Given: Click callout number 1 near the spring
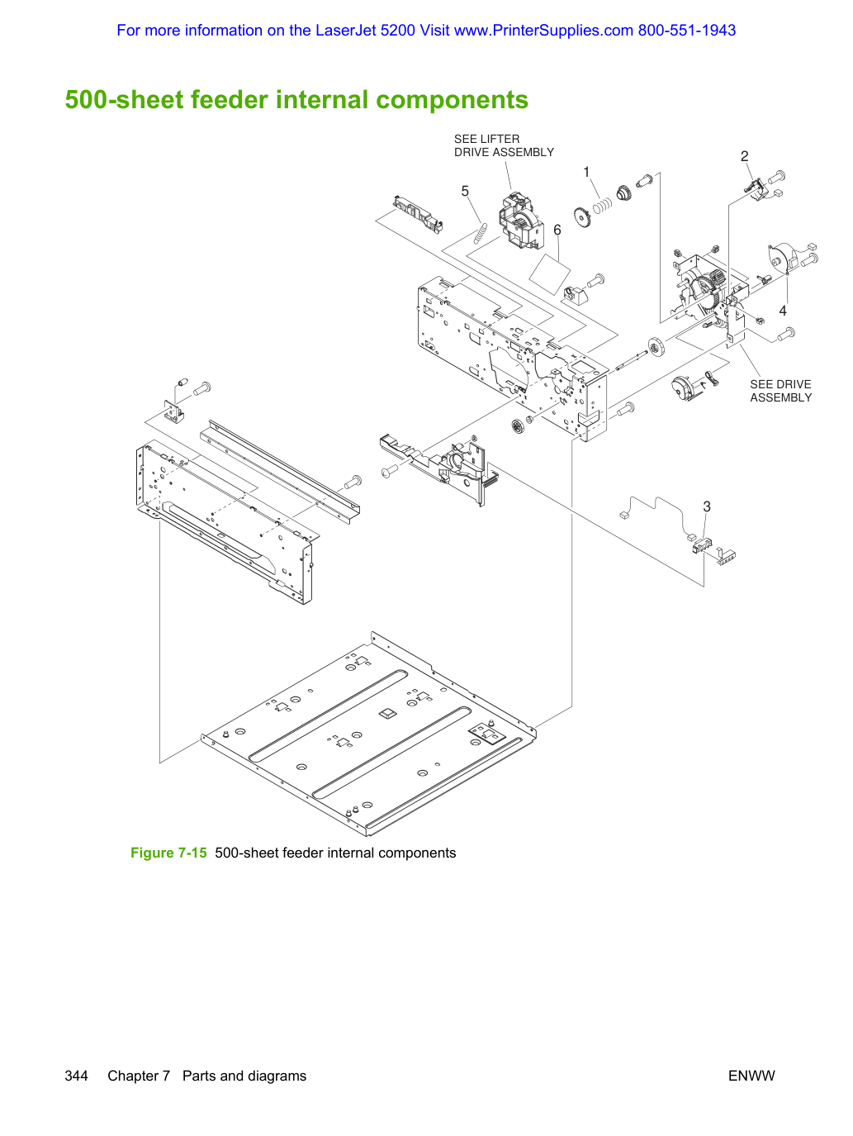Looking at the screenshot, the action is tap(586, 172).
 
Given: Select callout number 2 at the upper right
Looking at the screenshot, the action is tap(744, 156).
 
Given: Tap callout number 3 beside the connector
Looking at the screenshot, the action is tap(707, 506).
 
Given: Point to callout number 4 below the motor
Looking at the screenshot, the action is tap(783, 311).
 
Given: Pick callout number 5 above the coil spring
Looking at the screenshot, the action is tap(465, 191).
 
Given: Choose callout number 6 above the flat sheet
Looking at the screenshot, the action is tap(557, 230).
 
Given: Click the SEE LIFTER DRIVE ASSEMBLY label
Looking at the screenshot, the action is tap(504, 145).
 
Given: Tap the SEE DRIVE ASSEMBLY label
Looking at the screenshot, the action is tap(780, 391).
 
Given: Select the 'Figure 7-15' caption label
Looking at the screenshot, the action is tap(168, 853).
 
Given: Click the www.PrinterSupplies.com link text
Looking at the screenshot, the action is tap(543, 31).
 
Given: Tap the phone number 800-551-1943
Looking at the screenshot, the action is tap(686, 30).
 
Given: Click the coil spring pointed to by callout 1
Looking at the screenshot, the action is tap(602, 206).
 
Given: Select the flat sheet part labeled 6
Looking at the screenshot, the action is tap(549, 274).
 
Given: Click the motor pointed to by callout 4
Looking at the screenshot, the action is tap(786, 259).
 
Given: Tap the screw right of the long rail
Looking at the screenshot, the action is tap(353, 482).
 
